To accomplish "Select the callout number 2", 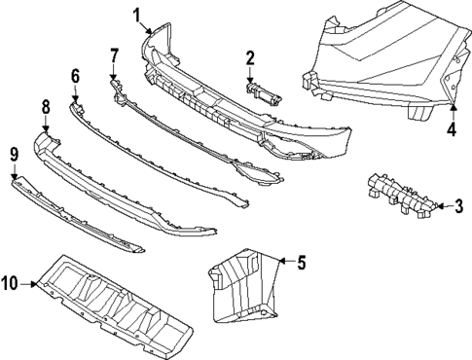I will pyautogui.click(x=250, y=58).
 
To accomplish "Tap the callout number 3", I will pyautogui.click(x=458, y=205).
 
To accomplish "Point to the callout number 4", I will pyautogui.click(x=452, y=128).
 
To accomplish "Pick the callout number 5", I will pyautogui.click(x=302, y=261).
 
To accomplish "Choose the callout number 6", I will pyautogui.click(x=75, y=75).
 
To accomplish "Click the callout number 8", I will pyautogui.click(x=45, y=105).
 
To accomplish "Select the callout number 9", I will pyautogui.click(x=15, y=153).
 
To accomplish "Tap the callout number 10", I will pyautogui.click(x=11, y=284).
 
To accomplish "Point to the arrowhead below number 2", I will pyautogui.click(x=250, y=81).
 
